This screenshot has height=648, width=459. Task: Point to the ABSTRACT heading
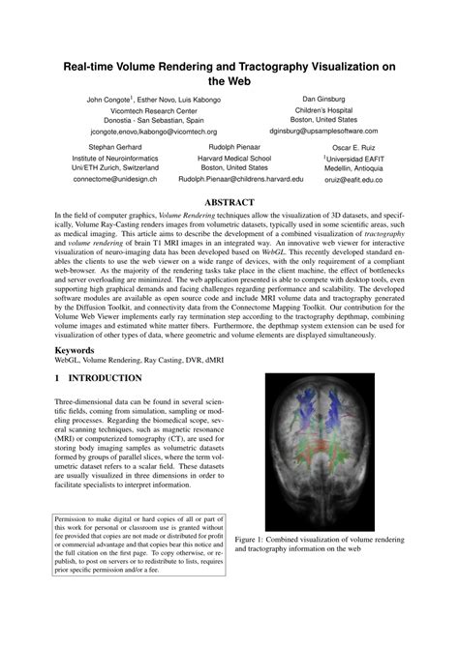229,202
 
